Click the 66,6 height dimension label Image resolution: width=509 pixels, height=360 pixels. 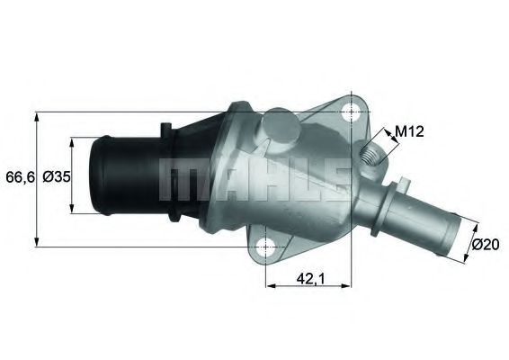point(18,177)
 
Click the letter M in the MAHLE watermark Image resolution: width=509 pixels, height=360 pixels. point(178,179)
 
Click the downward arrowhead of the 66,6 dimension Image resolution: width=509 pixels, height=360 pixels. point(36,241)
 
